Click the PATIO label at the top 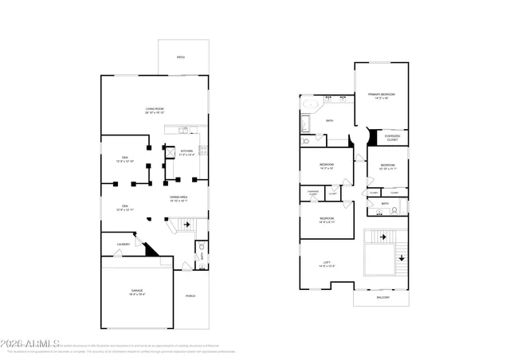point(181,57)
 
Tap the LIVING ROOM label point(155,110)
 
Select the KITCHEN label point(186,152)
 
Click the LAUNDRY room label point(124,245)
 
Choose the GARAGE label point(137,292)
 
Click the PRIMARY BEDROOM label point(382,96)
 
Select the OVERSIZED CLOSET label point(392,139)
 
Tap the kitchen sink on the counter point(183,129)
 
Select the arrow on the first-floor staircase point(187,225)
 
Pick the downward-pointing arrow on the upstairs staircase point(400,256)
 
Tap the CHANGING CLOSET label point(313,192)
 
